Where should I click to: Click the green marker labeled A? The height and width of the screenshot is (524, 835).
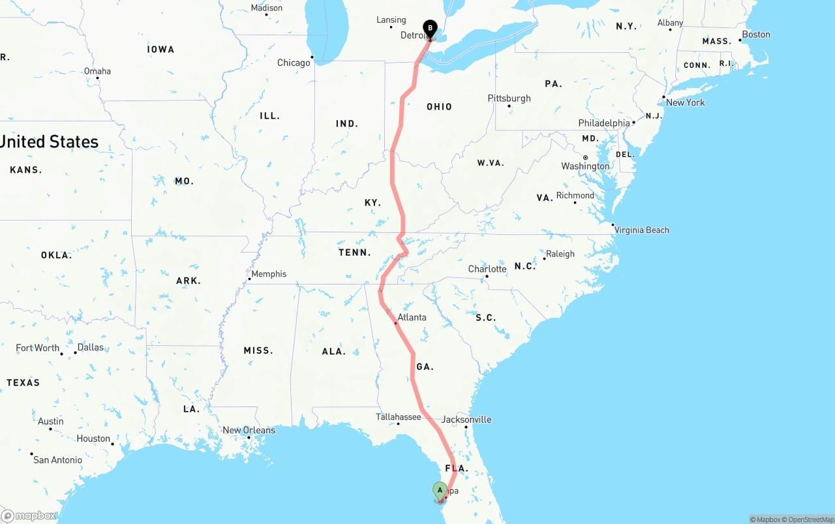click(440, 490)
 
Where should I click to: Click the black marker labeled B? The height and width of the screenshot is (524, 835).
click(430, 28)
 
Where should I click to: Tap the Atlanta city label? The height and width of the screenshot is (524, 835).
click(412, 318)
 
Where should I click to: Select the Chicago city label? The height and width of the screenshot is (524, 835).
click(294, 63)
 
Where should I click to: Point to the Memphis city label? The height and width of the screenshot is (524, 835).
click(269, 274)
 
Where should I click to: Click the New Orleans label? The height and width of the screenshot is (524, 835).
click(249, 431)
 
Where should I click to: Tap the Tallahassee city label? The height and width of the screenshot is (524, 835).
click(398, 417)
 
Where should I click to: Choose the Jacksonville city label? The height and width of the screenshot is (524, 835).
click(466, 420)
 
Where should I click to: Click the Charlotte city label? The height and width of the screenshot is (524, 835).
click(487, 270)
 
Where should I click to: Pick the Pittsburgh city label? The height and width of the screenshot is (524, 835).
click(509, 99)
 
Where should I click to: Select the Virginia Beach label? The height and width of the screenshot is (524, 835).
click(641, 230)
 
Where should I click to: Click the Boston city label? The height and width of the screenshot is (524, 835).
click(756, 35)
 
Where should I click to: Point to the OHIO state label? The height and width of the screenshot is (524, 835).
click(439, 107)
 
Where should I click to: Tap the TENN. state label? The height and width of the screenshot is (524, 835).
click(354, 253)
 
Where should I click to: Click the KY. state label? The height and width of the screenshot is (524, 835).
click(372, 203)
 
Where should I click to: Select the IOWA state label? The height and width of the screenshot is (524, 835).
click(160, 50)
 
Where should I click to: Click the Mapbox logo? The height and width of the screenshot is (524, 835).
click(29, 516)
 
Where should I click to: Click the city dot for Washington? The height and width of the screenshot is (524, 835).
click(585, 158)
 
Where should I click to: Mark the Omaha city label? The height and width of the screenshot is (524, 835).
click(97, 71)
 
